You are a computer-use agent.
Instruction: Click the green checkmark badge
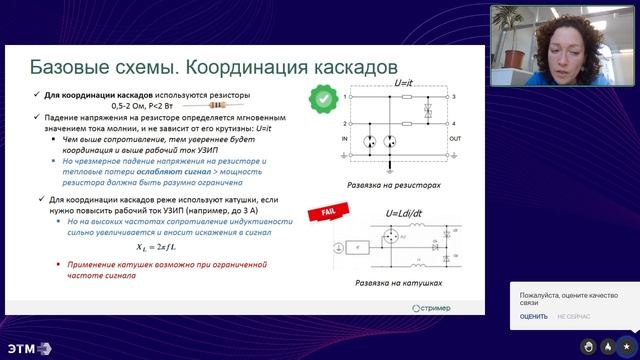[x=321, y=98]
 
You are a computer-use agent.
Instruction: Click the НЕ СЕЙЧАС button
[x=575, y=317]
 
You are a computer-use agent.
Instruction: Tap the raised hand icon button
[x=589, y=346]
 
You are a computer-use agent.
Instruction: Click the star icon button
[x=627, y=346]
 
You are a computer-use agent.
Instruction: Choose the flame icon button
[x=608, y=346]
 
